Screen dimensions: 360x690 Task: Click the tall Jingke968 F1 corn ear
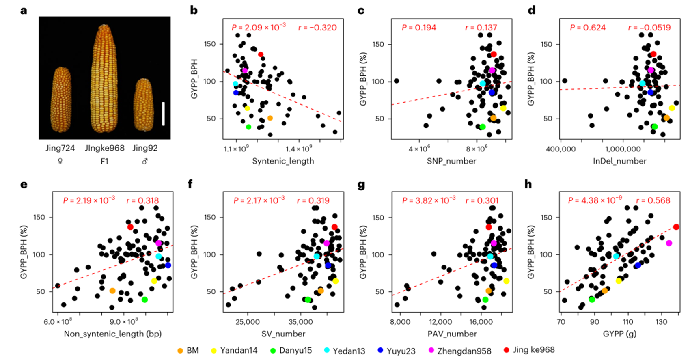tap(104, 79)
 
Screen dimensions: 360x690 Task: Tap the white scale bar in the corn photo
tap(163, 114)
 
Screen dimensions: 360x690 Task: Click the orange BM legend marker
tap(180, 350)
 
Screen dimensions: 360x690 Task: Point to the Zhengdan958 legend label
tap(464, 351)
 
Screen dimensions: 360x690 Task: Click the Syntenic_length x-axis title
tap(283, 161)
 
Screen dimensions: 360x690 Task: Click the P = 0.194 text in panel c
tap(419, 28)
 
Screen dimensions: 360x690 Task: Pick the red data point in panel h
tap(676, 227)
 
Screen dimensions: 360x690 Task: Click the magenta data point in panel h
tap(669, 243)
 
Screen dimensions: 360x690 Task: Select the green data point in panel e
tap(145, 300)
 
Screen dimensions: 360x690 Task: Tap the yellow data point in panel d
tap(672, 108)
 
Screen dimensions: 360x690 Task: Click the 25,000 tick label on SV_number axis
tap(248, 322)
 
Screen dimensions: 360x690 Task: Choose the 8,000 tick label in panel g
tap(400, 322)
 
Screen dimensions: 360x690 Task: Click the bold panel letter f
tap(190, 185)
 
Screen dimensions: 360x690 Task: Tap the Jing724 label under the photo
tap(60, 148)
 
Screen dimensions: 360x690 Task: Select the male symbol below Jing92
tap(145, 161)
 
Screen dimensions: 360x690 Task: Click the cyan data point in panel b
tap(235, 84)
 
